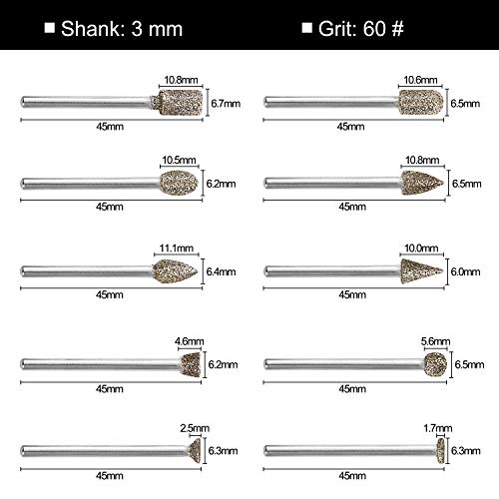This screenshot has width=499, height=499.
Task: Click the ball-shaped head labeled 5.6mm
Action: pos(432,363)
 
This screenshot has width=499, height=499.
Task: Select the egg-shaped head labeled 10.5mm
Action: pos(177,181)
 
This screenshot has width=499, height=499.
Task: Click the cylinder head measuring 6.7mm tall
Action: pos(175,101)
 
